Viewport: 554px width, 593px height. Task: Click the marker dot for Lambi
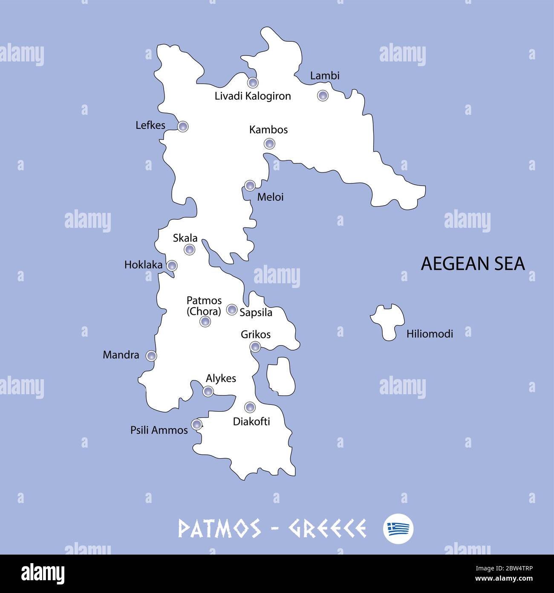coord(323,95)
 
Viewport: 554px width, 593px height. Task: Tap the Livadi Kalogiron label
coord(253,96)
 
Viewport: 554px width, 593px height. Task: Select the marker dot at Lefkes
coord(182,126)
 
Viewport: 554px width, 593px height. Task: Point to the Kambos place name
coord(268,130)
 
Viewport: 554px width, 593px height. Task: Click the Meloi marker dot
coord(250,186)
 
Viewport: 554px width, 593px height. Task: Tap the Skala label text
coord(185,238)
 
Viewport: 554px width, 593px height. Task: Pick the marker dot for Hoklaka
coord(172,266)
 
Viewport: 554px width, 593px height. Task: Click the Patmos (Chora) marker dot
coord(205,322)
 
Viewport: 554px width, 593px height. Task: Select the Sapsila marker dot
coord(232,309)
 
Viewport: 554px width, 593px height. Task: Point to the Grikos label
coord(256,334)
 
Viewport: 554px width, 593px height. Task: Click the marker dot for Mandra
coord(151,355)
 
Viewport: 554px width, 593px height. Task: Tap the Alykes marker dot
coord(208,391)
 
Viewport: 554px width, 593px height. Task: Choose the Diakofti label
coord(251,421)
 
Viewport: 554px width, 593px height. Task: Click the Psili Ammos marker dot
coord(196,424)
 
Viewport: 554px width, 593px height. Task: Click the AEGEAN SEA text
coord(473,264)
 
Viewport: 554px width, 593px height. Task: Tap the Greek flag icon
coord(398,529)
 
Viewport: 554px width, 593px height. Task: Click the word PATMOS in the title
coord(219,529)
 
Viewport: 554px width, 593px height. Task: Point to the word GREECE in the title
coord(327,529)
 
